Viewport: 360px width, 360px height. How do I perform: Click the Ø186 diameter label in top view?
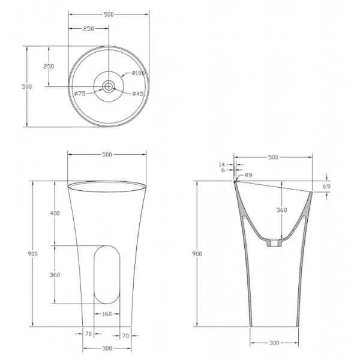pos(138,74)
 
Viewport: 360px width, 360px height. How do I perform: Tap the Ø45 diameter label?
pos(137,93)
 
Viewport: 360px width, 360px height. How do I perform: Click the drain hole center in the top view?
pos(108,86)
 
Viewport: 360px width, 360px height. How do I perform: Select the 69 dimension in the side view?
pos(326,187)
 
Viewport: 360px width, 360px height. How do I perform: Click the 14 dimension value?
pos(222,164)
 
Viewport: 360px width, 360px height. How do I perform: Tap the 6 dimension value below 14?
pos(223,170)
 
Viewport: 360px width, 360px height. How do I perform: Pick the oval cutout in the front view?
pos(107,274)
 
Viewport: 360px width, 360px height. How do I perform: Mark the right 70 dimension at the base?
pos(125,336)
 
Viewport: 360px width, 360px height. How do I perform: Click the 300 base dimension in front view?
pos(107,349)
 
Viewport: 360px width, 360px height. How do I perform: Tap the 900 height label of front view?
pos(33,254)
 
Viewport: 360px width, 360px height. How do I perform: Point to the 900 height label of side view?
pos(197,254)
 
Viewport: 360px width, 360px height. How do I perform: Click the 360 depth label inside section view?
pos(281,210)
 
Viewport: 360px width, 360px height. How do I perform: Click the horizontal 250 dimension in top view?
pos(88,28)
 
